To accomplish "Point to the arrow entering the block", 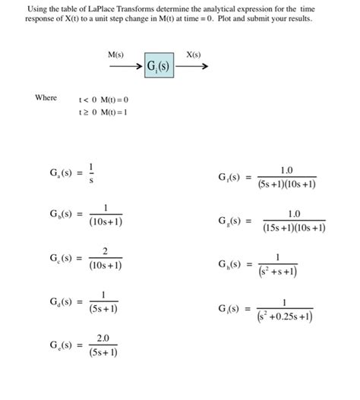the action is tap(124, 67).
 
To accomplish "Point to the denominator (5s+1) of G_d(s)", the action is tap(103, 310).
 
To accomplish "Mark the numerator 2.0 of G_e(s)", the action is tap(103, 339).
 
